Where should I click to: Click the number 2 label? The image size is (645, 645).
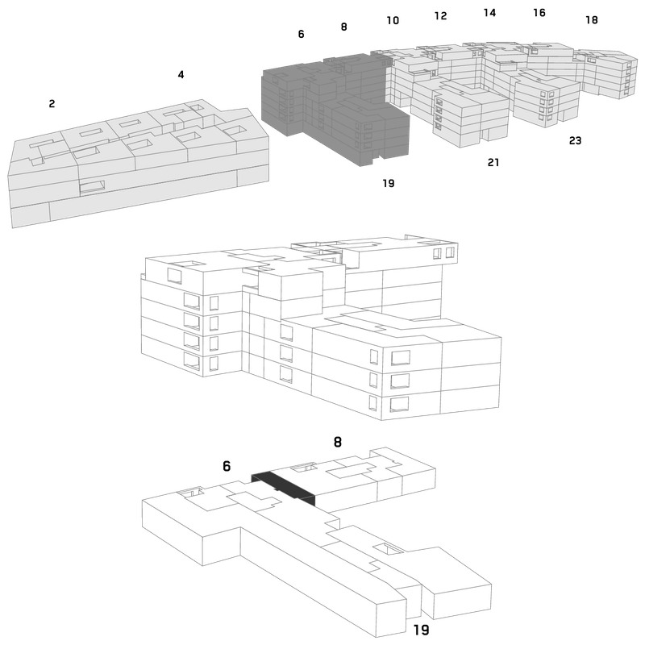pyautogui.click(x=52, y=104)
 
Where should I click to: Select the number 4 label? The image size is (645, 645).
pyautogui.click(x=181, y=75)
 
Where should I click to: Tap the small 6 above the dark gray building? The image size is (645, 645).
pyautogui.click(x=301, y=34)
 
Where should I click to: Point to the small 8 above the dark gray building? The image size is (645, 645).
pyautogui.click(x=344, y=27)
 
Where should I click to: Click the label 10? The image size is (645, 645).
pyautogui.click(x=393, y=21)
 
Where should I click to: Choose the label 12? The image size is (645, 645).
pyautogui.click(x=440, y=16)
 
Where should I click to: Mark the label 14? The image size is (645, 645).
pyautogui.click(x=489, y=13)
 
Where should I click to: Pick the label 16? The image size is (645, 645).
pyautogui.click(x=539, y=13)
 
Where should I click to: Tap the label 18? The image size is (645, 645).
pyautogui.click(x=592, y=19)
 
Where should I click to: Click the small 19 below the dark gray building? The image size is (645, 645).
pyautogui.click(x=389, y=184)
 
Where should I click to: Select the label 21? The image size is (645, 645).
pyautogui.click(x=493, y=163)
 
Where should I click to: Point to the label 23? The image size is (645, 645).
pyautogui.click(x=575, y=140)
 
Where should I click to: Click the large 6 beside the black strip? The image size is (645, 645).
pyautogui.click(x=227, y=466)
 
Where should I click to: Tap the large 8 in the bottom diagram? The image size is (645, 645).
pyautogui.click(x=337, y=442)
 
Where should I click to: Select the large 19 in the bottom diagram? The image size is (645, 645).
pyautogui.click(x=421, y=630)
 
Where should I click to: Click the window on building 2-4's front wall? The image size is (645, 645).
pyautogui.click(x=92, y=187)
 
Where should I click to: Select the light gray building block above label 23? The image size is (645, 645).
pyautogui.click(x=547, y=98)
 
